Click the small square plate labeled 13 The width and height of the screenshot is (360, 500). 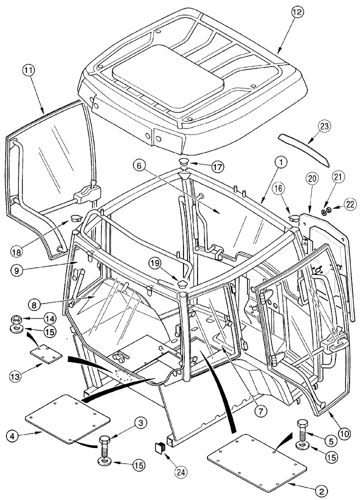[x=46, y=354]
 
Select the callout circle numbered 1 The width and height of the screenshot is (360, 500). [x=282, y=161]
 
